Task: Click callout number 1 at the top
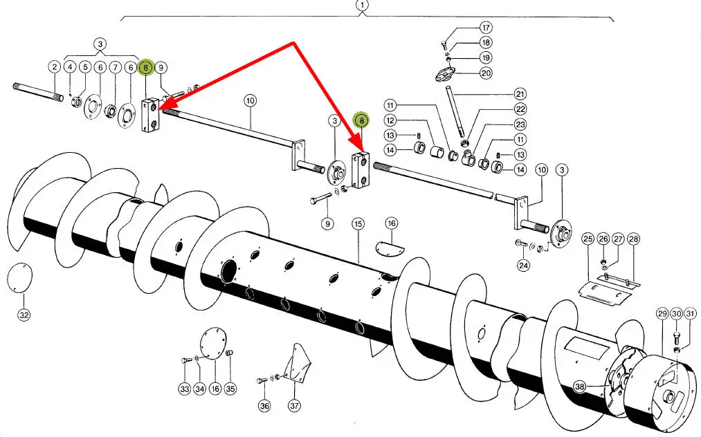tap(362, 6)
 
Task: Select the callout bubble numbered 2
tap(55, 67)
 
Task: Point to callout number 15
tap(358, 224)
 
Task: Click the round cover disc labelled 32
tap(20, 279)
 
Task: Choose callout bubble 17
tap(486, 28)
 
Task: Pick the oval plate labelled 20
tap(445, 74)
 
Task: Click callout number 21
tap(520, 94)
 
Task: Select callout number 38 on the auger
tap(579, 387)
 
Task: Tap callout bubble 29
tap(662, 314)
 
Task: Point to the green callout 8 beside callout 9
tap(146, 68)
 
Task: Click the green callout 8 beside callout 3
tap(361, 120)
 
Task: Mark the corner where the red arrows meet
tap(293, 44)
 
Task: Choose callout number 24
tap(524, 266)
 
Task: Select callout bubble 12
tap(390, 120)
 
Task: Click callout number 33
tap(185, 389)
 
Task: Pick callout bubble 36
tap(264, 406)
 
